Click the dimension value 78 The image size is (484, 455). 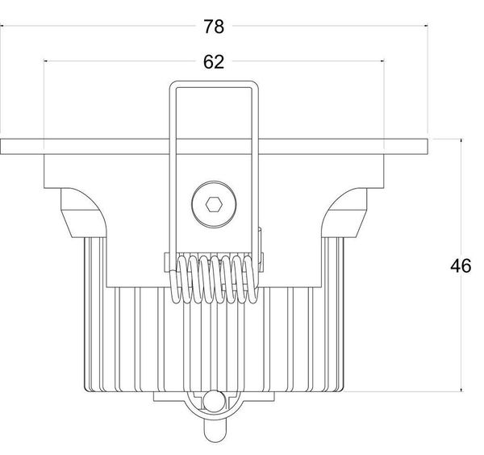coord(213,27)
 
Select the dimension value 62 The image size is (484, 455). coord(213,61)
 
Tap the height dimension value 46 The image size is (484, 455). coord(461,266)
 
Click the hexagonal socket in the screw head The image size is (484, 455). coord(213,204)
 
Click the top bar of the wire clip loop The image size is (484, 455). coord(213,83)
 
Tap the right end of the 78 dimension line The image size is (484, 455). coord(426,27)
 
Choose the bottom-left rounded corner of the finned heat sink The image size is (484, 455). coord(87,386)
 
